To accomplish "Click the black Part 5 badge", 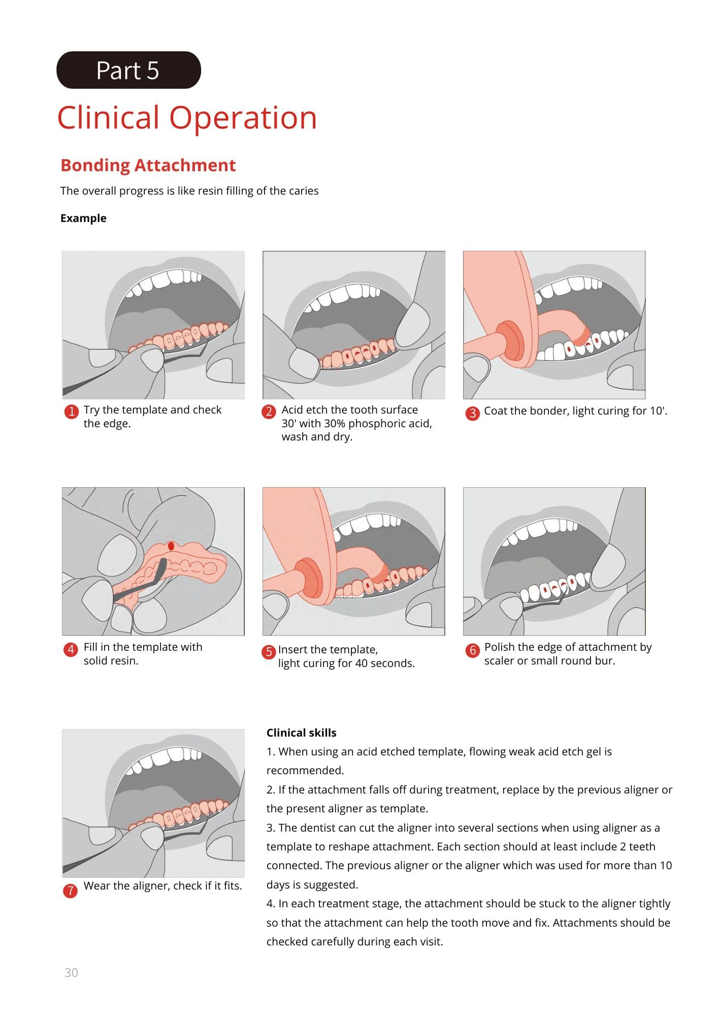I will pos(128,70).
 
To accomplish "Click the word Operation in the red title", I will pos(243,118).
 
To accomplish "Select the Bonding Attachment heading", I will pos(148,165).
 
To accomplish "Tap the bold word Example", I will pos(83,218).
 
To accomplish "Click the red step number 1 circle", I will pos(72,411).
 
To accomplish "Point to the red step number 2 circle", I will pos(269,411).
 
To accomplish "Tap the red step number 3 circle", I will pos(472,412).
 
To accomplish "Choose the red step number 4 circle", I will pos(71,649).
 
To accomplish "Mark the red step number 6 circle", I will pos(472,650).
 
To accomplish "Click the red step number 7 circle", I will pos(70,891).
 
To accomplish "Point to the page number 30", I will pos(71,972).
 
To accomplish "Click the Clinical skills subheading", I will pos(301,733).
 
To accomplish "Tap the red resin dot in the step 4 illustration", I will pos(171,546).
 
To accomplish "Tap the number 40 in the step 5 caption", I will pos(362,663).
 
